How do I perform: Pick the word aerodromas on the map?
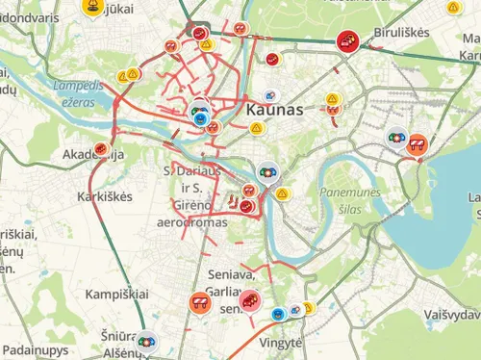coord(191,222)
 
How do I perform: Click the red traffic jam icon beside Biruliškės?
coord(347,40)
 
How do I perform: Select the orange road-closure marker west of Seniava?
coord(199,302)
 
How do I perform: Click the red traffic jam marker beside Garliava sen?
coord(249,301)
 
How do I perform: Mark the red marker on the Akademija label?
coord(101,148)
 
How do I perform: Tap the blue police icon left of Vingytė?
coord(278,314)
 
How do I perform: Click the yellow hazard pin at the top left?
coord(92,8)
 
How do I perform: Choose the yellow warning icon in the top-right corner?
coord(452,8)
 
